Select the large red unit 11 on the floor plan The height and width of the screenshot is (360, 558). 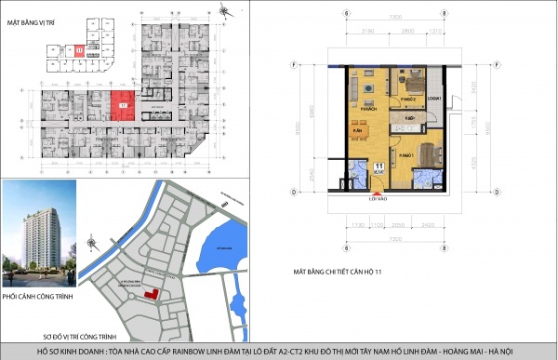122,105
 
